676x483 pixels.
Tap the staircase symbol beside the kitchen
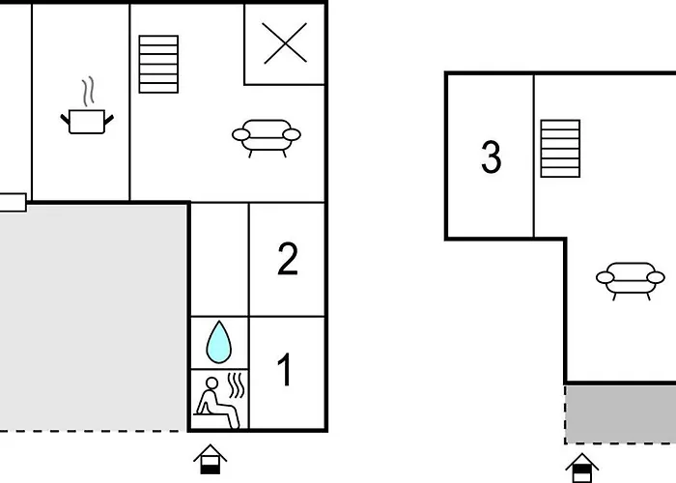pos(158,65)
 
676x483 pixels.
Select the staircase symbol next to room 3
pos(560,149)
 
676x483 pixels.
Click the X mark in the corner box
pos(285,43)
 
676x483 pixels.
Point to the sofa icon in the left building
pos(267,138)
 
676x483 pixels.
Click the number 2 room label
pos(288,259)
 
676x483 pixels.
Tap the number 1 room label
pos(284,370)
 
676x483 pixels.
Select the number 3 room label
pos(491,156)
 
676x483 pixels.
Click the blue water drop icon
pos(219,342)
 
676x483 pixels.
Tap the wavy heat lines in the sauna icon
pos(237,385)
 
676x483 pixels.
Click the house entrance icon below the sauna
pos(210,460)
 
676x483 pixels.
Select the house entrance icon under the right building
pos(582,469)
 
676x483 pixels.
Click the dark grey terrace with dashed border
pos(620,414)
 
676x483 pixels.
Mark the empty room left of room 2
pos(219,260)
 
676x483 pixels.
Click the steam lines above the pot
pos(89,92)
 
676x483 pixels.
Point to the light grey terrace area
pos(93,318)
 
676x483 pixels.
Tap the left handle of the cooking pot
pos(65,120)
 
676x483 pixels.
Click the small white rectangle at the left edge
pos(13,203)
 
